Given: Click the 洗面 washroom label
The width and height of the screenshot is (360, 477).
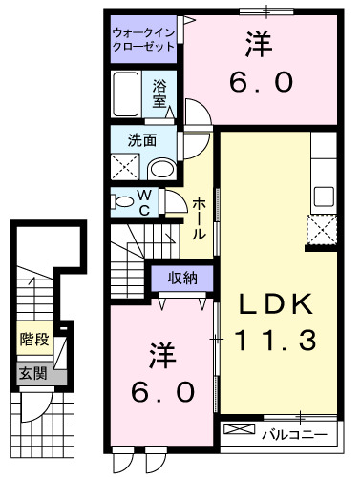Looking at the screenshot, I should point(142,140).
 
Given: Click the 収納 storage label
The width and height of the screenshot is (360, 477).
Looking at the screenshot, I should point(183,279).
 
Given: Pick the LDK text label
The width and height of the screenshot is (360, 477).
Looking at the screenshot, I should point(275,304).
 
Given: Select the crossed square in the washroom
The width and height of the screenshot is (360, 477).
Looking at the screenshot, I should point(125,167).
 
